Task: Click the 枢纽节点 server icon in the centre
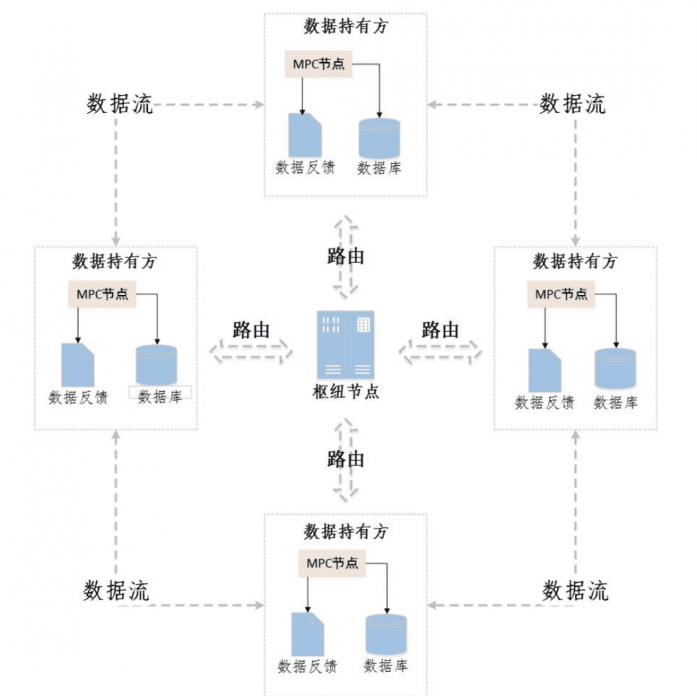tap(346, 345)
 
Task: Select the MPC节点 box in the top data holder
tap(318, 64)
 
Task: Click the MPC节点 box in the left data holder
tap(102, 294)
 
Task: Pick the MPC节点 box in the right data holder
tap(561, 294)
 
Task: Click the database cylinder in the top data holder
tap(379, 137)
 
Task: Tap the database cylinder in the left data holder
tap(156, 365)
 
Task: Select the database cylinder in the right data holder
tap(615, 368)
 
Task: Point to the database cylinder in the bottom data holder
tap(386, 634)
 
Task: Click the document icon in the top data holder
tap(305, 135)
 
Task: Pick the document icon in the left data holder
tap(77, 365)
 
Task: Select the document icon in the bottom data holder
tap(307, 633)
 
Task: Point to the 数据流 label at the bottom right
tap(575, 590)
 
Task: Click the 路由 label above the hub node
tap(346, 256)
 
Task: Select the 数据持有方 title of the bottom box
tap(346, 531)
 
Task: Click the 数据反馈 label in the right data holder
tap(544, 402)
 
